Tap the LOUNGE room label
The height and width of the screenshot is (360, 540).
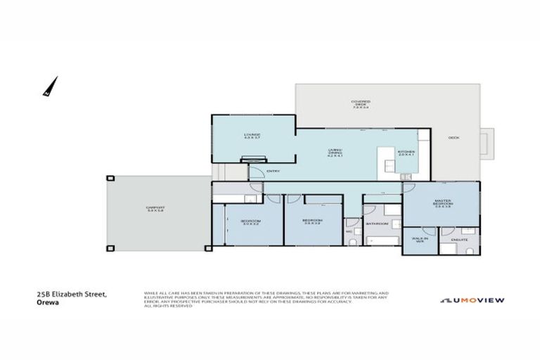(252, 136)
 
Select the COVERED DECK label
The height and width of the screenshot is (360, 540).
(361, 104)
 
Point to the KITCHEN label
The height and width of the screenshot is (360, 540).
(406, 153)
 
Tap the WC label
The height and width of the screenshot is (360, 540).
(348, 231)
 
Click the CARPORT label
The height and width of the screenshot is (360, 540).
(155, 209)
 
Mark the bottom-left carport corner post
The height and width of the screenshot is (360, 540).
(109, 249)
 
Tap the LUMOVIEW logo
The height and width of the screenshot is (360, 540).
(472, 300)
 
